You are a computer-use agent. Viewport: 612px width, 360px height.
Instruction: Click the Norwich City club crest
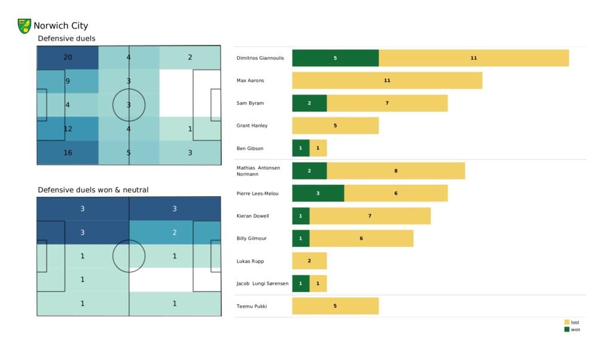(x=25, y=26)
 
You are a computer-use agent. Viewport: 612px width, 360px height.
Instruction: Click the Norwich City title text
(x=60, y=26)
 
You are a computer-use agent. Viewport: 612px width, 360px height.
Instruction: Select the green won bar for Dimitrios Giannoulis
(x=335, y=58)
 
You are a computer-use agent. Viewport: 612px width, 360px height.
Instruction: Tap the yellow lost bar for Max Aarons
(x=387, y=80)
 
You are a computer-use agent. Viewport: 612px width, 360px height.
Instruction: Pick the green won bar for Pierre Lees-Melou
(x=318, y=193)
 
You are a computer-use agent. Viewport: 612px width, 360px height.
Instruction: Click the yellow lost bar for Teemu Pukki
(x=335, y=306)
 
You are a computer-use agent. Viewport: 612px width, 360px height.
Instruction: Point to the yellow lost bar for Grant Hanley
(x=335, y=126)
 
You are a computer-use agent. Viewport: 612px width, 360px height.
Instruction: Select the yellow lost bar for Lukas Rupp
(x=309, y=261)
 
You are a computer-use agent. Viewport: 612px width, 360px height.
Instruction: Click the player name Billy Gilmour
(x=252, y=238)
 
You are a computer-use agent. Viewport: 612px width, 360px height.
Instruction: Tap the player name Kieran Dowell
(x=252, y=216)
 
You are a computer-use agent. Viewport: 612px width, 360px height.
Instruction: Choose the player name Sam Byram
(x=250, y=103)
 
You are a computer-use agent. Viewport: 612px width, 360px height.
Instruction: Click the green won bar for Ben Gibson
(x=301, y=148)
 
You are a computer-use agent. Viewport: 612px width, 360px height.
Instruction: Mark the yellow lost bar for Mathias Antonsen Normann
(x=396, y=170)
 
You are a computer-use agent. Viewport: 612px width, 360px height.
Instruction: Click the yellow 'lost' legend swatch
(x=566, y=322)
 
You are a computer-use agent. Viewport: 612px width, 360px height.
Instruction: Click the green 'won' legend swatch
(x=566, y=330)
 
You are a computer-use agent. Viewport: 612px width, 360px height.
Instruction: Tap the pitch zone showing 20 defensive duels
(x=68, y=57)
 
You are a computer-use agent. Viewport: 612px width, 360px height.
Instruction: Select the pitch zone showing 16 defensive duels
(x=68, y=152)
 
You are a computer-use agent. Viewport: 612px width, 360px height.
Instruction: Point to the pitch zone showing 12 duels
(x=68, y=129)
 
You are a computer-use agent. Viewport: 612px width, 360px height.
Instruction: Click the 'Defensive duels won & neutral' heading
(x=93, y=190)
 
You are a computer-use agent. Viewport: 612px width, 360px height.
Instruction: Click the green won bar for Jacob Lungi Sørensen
(x=301, y=283)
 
